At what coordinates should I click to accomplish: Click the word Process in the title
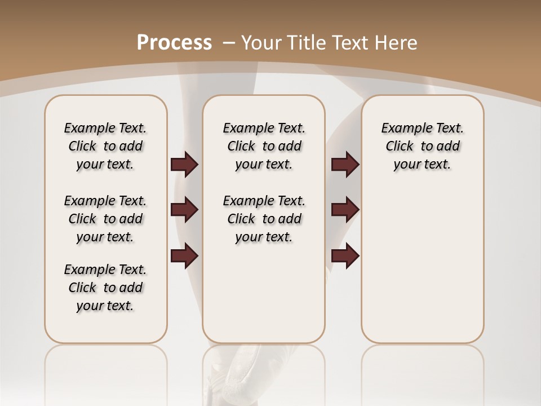174,42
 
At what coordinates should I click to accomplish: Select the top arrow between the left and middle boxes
184,165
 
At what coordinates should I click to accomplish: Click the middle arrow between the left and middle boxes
184,210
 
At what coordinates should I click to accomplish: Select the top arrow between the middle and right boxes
345,165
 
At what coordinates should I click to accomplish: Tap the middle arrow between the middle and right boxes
345,210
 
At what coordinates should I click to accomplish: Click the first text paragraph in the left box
105,146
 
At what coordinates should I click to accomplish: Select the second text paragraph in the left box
105,219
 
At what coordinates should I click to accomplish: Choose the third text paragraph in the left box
105,288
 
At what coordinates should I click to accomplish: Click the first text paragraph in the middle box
264,146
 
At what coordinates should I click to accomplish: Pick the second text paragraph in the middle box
264,219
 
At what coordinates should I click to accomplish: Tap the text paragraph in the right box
422,146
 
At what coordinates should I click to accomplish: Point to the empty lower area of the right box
422,265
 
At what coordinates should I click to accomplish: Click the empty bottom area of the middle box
264,299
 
